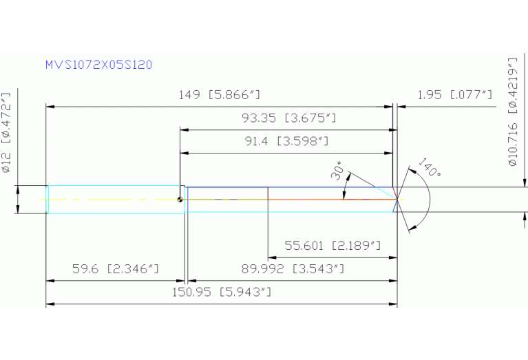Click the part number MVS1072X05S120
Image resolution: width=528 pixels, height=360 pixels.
point(98,65)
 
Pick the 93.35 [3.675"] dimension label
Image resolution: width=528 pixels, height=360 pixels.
point(288,118)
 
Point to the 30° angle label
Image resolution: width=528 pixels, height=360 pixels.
point(338,171)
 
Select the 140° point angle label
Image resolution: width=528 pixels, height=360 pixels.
point(429,169)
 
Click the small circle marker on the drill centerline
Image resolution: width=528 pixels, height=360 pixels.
point(180,200)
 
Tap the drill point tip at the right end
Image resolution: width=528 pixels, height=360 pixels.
point(397,200)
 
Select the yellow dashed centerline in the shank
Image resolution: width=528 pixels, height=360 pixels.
point(110,200)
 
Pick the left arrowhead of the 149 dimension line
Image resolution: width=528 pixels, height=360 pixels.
point(50,107)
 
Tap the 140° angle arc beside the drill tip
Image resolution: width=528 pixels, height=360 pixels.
point(430,200)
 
